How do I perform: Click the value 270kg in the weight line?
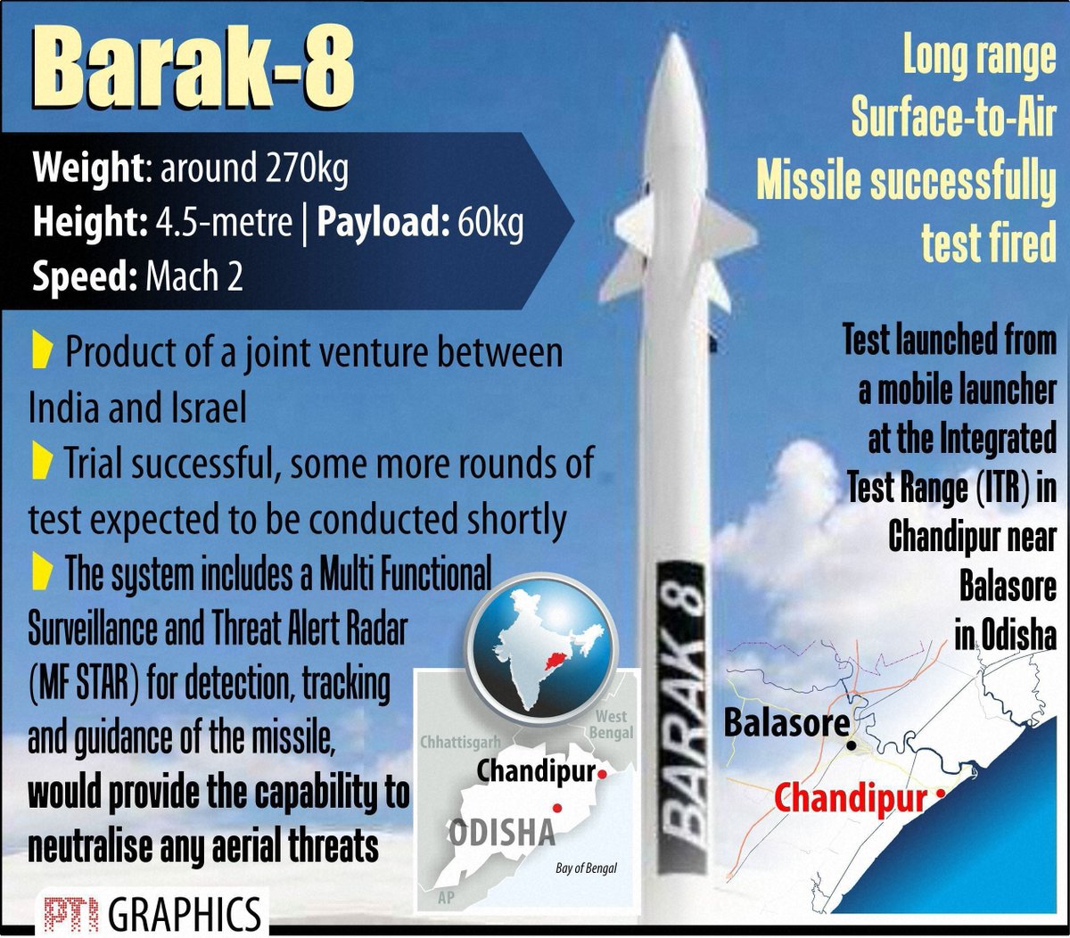click(306, 169)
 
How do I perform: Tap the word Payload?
click(383, 223)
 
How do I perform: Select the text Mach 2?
click(193, 277)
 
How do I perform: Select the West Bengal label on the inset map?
click(613, 724)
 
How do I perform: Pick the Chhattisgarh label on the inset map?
click(460, 742)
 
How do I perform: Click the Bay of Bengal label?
click(586, 868)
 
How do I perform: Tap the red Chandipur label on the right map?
click(850, 798)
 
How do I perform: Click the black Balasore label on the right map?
click(786, 722)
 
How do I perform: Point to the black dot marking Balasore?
click(853, 744)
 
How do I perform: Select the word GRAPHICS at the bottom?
click(185, 914)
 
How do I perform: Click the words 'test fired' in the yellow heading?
click(988, 242)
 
